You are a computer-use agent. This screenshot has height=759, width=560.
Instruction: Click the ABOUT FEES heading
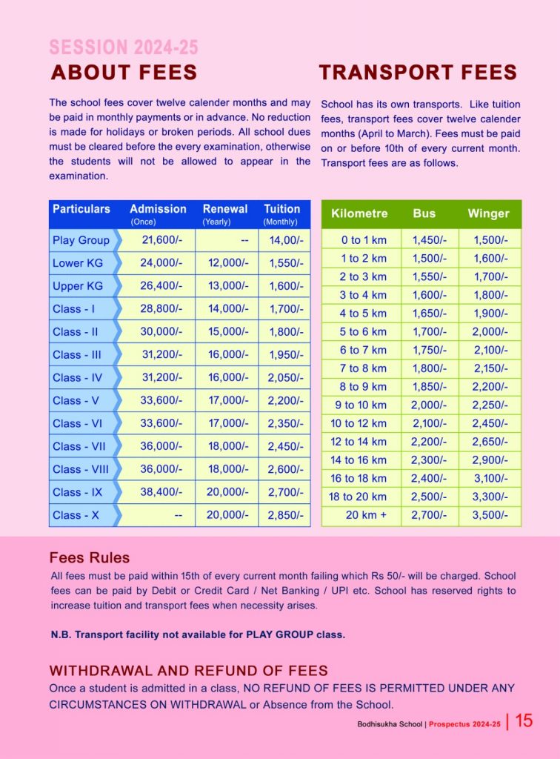tap(124, 73)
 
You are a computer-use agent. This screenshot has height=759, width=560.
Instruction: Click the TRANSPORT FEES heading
tap(418, 73)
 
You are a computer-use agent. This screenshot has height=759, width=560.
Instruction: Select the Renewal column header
tap(225, 210)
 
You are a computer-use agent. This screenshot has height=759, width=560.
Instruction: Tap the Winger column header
tap(488, 213)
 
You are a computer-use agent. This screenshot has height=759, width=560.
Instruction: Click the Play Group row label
tap(81, 240)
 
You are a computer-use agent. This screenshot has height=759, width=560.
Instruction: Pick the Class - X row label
tap(76, 515)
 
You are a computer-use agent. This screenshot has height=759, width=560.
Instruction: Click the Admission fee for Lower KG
tap(156, 263)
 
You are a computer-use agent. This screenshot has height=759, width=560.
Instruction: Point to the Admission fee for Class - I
tap(156, 309)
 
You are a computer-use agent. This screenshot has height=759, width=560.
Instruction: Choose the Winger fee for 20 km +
tap(489, 515)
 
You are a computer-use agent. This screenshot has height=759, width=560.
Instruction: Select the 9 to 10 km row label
tap(361, 405)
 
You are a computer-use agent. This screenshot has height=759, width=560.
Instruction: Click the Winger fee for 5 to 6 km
tap(489, 331)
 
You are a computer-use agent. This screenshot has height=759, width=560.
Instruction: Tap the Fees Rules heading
tap(90, 558)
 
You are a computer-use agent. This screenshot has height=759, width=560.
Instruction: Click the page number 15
tap(524, 720)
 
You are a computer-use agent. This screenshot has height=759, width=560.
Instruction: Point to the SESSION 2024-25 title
tap(124, 47)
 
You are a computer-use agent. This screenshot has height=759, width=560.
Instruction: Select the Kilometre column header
tap(359, 213)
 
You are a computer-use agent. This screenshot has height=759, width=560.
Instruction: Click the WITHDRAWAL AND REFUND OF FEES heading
tap(189, 671)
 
